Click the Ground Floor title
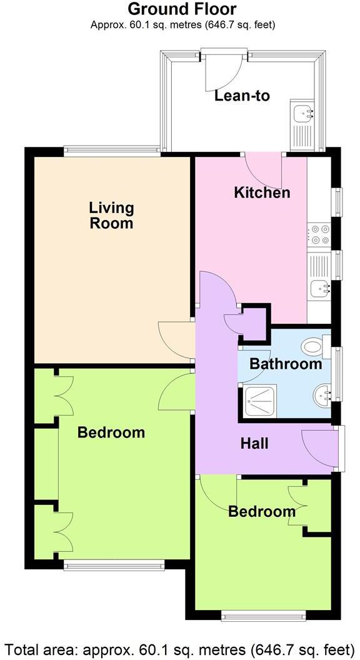coord(182,9)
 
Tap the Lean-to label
coord(242,96)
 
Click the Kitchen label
coord(262,192)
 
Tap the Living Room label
coord(111,215)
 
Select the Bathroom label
coord(286,363)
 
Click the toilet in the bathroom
coord(312,346)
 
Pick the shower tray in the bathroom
coord(256,398)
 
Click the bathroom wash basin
coord(322,394)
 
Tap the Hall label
coord(255,443)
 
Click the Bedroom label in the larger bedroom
coord(111,432)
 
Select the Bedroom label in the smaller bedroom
coord(262,511)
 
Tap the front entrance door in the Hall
coord(319,446)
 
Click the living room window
coord(112,149)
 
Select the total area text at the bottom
coord(180,647)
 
